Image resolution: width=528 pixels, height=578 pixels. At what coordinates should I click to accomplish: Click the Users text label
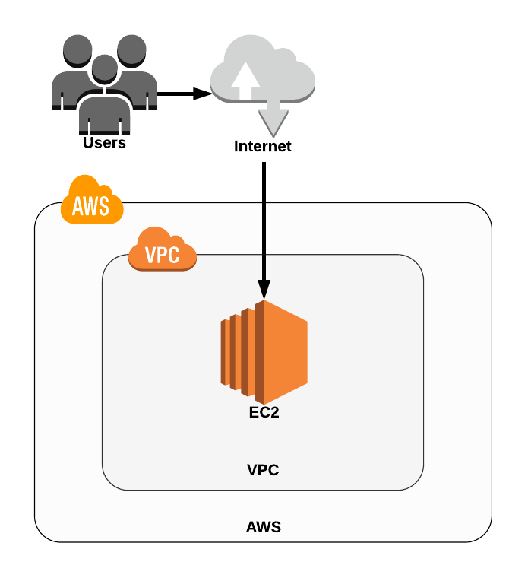pos(104,142)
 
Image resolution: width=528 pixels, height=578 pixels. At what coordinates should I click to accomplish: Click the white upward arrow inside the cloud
pos(245,81)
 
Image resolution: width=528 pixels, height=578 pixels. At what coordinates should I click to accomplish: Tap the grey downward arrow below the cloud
pos(273,118)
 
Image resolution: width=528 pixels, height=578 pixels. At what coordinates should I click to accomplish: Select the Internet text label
pos(262,146)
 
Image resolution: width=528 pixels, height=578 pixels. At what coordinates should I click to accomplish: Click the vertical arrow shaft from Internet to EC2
pos(264,221)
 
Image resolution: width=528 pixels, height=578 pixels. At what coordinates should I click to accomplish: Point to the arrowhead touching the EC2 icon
pos(264,289)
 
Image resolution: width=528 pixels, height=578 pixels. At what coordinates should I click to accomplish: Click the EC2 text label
pos(264,415)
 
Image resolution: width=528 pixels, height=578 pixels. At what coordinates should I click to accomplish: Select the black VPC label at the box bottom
pos(263,470)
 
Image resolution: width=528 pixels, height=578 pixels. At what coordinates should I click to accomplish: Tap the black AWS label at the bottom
pos(263,526)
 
